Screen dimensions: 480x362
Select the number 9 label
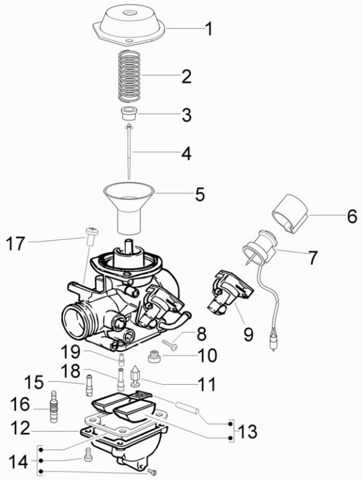(x=248, y=335)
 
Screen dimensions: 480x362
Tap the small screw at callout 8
(x=169, y=341)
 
